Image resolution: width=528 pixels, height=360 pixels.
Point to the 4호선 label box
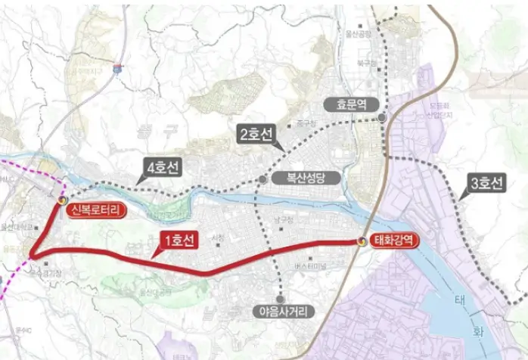tap(163, 169)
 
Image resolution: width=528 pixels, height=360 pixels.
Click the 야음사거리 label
tap(281, 311)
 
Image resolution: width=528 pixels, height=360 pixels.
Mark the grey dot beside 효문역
tap(383, 117)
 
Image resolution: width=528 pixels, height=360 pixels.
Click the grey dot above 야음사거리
tap(281, 297)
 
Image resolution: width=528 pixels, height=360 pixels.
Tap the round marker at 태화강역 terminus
tap(362, 241)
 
